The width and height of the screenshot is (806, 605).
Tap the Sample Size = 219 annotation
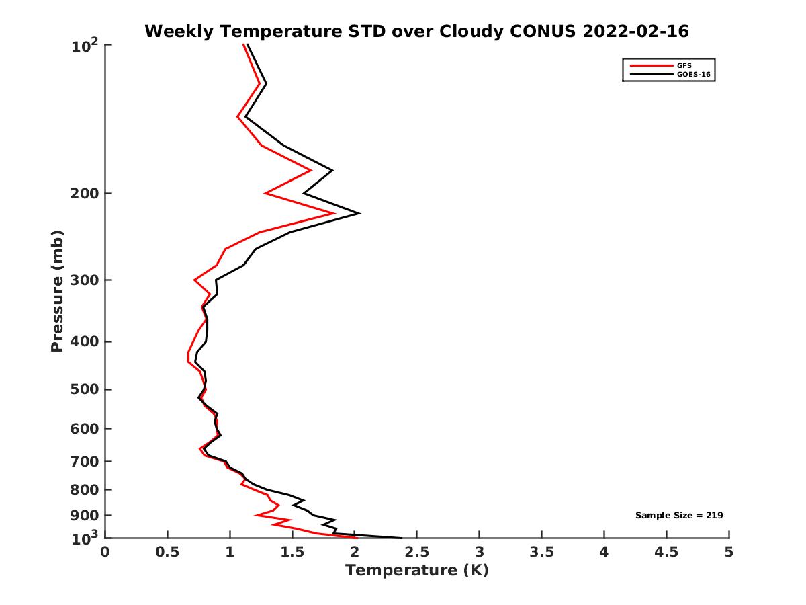pos(679,516)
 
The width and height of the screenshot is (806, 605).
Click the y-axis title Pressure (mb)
pos(57,290)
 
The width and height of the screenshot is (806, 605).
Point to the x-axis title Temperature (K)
pos(416,571)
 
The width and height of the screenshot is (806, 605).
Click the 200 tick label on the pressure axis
pos(83,194)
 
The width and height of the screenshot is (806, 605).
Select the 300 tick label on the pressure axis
pos(83,280)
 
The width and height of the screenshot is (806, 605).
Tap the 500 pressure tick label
pos(83,389)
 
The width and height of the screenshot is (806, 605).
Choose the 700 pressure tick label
pos(83,461)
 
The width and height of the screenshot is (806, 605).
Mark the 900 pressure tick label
pos(83,516)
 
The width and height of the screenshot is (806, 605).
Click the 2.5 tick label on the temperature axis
pos(417,553)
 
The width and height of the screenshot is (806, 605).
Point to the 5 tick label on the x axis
pos(729,553)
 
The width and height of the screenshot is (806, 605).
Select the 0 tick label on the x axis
pos(105,553)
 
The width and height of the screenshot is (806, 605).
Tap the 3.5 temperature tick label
pos(542,553)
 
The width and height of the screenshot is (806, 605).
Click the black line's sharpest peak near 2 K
pos(359,214)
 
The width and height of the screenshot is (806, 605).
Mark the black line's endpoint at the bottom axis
pos(401,538)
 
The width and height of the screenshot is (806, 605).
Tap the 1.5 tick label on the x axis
pos(292,553)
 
